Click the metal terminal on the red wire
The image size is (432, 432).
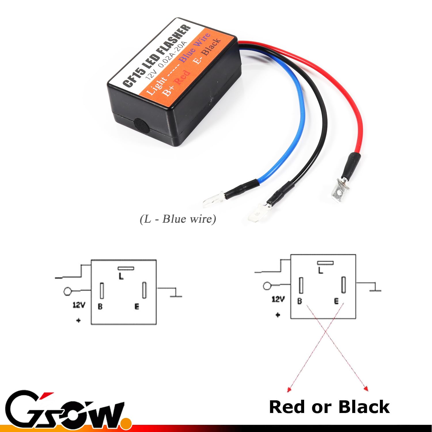(340, 191)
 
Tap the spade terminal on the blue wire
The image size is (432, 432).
(213, 200)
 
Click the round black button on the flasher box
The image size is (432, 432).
(141, 126)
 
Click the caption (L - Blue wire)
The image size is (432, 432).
(178, 219)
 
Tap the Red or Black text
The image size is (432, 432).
(329, 407)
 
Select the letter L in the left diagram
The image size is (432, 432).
(121, 276)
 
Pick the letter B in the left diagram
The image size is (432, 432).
(100, 306)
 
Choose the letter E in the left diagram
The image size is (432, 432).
(137, 306)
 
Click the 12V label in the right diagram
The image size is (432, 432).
(278, 299)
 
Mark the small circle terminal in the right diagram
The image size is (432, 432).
(267, 286)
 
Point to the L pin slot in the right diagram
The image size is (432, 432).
(325, 263)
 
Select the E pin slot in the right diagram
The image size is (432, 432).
(343, 285)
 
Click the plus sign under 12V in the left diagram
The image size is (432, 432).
(78, 320)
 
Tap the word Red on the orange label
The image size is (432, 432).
(182, 77)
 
